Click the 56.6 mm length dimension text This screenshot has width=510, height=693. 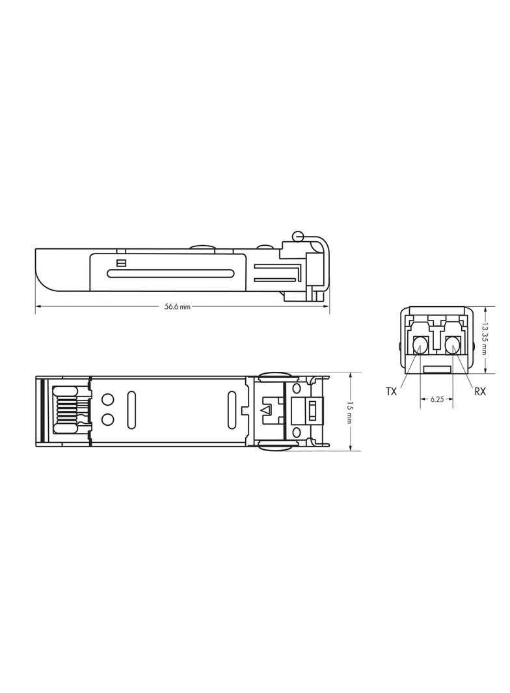click(x=177, y=307)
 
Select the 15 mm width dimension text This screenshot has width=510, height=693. click(x=350, y=412)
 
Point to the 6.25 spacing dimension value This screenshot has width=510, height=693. click(x=436, y=400)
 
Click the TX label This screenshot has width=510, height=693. click(x=391, y=391)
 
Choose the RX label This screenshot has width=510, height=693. click(x=480, y=391)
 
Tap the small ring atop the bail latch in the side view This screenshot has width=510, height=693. click(x=299, y=235)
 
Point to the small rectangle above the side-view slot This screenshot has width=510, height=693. click(x=120, y=263)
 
